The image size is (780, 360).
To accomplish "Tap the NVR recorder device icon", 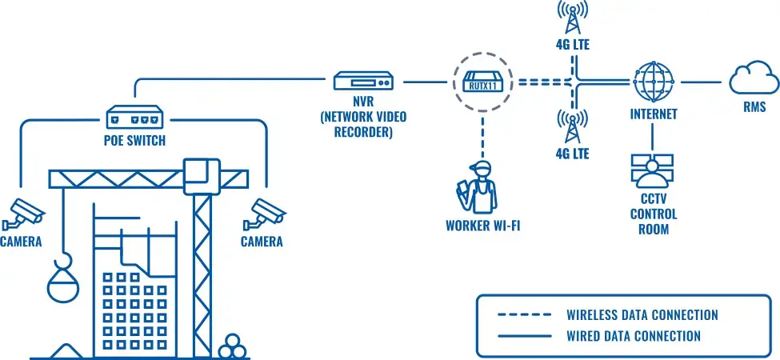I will pyautogui.click(x=364, y=82).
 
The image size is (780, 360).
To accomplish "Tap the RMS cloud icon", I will pyautogui.click(x=754, y=81).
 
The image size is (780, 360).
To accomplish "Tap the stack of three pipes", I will pyautogui.click(x=234, y=346).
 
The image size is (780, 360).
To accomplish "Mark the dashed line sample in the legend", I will pyautogui.click(x=524, y=314).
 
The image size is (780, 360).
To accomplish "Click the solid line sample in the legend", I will pyautogui.click(x=524, y=336).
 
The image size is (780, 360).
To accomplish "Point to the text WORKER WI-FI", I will pyautogui.click(x=483, y=226).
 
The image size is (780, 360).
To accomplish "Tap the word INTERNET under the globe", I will pyautogui.click(x=653, y=114).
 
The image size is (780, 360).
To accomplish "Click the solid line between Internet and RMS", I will pyautogui.click(x=701, y=82).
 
